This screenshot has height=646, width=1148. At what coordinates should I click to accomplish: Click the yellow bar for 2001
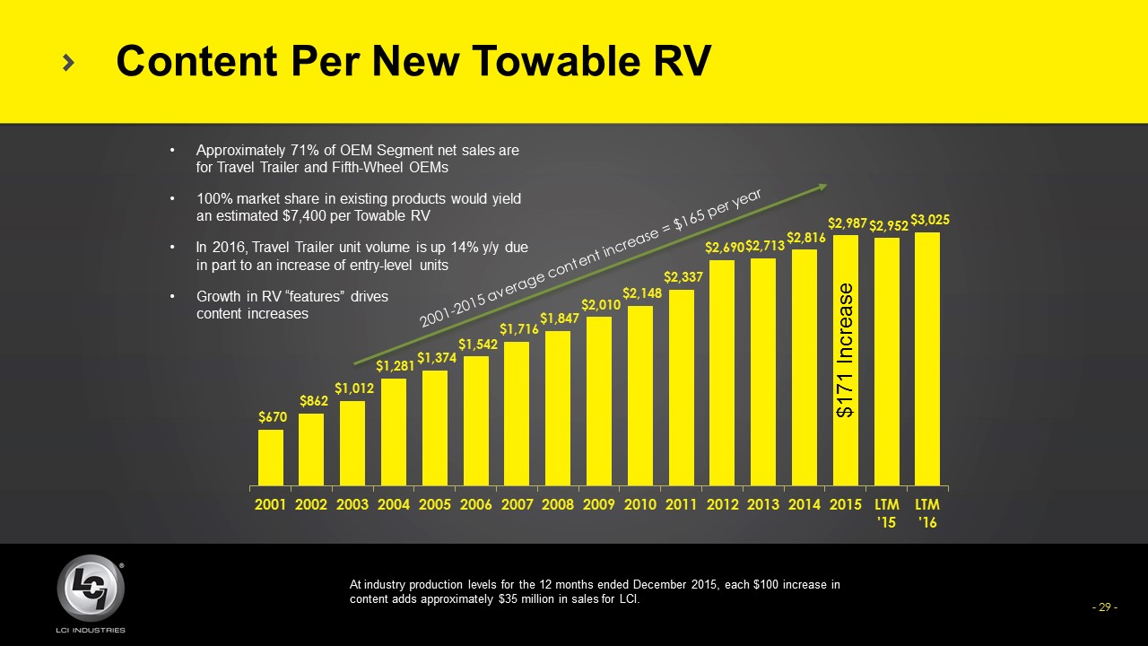point(271,458)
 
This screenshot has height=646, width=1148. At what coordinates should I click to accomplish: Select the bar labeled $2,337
point(682,388)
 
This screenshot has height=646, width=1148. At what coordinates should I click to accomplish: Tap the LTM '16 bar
point(927,359)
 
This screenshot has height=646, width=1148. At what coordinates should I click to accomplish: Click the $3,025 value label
point(930,219)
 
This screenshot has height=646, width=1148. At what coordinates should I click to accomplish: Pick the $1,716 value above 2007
point(518,329)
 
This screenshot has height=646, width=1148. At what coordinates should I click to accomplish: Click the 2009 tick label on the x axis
point(599,504)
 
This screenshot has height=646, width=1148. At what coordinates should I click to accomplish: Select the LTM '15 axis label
point(886,512)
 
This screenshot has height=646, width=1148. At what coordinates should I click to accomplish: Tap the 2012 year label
point(722,504)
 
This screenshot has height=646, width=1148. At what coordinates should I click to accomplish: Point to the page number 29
point(1105,607)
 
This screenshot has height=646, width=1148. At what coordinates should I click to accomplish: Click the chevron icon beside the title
point(69,62)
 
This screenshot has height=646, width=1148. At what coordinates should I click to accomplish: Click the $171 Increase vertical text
point(845,351)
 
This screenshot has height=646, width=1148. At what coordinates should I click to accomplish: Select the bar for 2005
point(435,428)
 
